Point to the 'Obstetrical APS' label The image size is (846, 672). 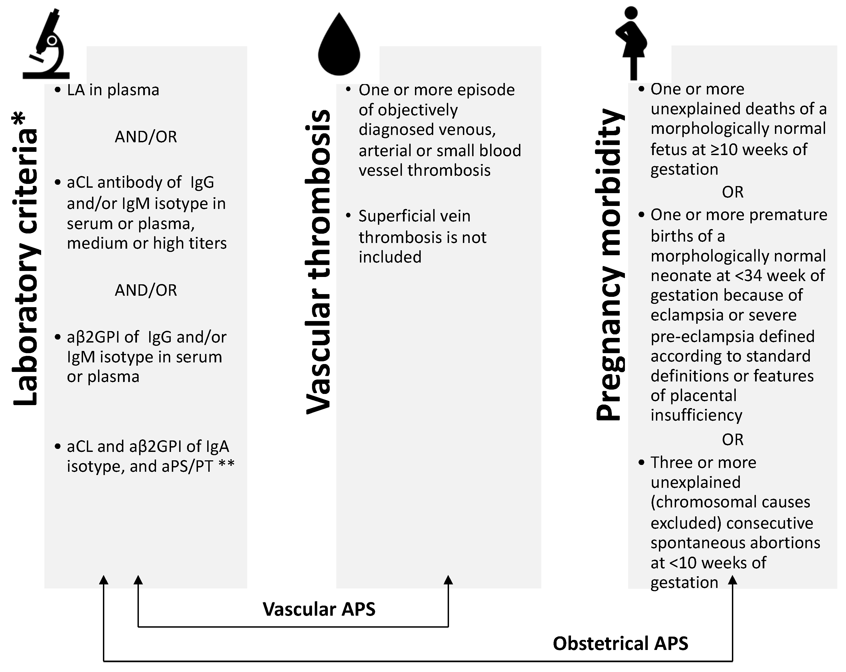(x=620, y=644)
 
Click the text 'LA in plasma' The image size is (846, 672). (x=113, y=90)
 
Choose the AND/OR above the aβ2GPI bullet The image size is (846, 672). (x=146, y=290)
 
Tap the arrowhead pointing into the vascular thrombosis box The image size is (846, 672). (x=448, y=580)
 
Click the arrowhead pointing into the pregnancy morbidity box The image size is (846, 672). (x=732, y=580)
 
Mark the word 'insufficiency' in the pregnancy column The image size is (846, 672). (x=697, y=415)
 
